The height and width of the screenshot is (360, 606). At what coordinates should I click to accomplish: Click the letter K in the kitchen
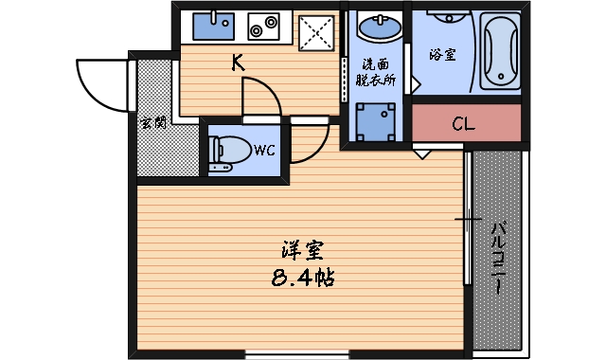click(x=238, y=64)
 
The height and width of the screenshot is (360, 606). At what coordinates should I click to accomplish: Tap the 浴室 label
click(x=441, y=54)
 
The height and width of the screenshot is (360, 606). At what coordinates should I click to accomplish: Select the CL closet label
click(x=464, y=123)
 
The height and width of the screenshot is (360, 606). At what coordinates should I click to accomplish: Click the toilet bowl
click(x=227, y=151)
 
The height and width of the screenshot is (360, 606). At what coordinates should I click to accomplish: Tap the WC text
click(x=264, y=149)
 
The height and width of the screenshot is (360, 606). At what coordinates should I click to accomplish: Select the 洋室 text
click(x=303, y=251)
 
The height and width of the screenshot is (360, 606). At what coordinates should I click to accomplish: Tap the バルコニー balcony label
click(x=498, y=256)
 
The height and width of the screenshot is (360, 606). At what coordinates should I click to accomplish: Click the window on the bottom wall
click(x=297, y=355)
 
